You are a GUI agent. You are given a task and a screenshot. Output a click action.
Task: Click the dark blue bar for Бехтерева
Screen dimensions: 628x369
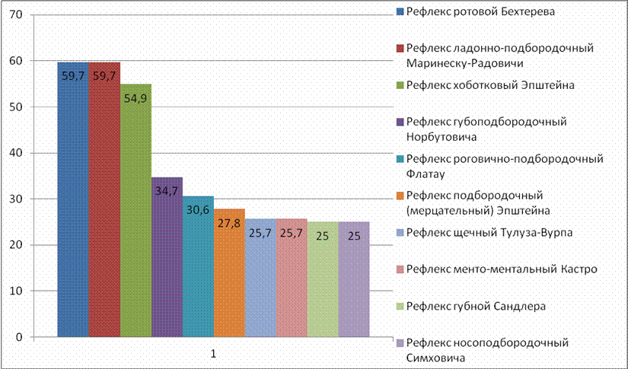click(x=73, y=199)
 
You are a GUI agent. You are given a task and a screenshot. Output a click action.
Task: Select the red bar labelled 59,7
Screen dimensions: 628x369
click(x=104, y=199)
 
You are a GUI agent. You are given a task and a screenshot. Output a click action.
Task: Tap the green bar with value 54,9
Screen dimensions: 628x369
click(x=135, y=211)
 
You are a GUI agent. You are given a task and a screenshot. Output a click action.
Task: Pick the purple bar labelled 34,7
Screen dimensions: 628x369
click(x=167, y=257)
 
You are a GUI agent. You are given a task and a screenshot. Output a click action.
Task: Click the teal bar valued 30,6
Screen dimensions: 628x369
click(x=198, y=266)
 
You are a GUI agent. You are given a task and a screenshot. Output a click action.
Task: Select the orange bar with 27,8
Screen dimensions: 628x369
click(x=229, y=273)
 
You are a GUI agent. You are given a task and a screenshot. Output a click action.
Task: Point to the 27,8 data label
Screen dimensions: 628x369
click(x=229, y=224)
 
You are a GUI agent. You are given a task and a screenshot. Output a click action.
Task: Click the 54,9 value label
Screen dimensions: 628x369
click(x=135, y=98)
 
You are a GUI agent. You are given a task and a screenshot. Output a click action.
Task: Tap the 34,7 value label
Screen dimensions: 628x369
click(x=167, y=191)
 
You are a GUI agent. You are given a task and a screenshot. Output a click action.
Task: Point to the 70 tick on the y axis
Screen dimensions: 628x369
click(x=17, y=14)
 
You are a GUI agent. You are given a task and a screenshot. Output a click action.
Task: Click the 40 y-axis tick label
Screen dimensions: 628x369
click(x=17, y=153)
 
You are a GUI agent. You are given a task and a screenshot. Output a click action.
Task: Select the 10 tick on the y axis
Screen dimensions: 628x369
click(x=17, y=291)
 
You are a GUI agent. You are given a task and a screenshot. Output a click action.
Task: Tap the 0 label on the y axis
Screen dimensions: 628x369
click(x=20, y=337)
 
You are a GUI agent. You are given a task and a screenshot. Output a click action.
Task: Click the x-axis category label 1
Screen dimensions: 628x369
click(x=213, y=354)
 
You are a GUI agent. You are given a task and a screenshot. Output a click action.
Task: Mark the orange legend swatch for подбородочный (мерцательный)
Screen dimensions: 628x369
click(x=400, y=196)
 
